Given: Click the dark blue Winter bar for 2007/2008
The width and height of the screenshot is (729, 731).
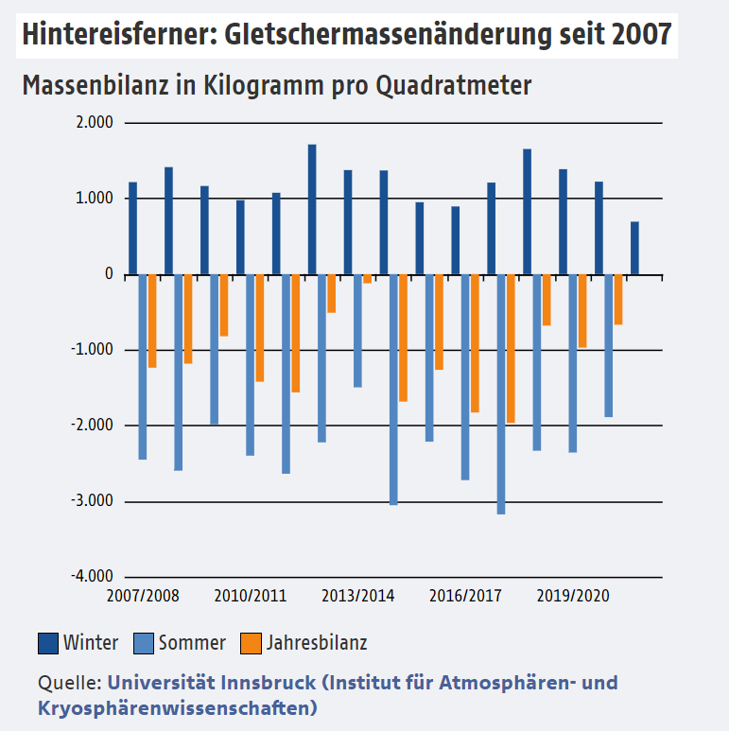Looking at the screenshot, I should tap(133, 228).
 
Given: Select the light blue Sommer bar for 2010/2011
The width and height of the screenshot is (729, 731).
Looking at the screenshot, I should tap(250, 364).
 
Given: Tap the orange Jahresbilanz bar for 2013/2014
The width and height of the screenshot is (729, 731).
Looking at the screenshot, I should tap(367, 279).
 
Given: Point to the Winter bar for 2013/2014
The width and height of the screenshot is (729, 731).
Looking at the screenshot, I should tap(348, 222).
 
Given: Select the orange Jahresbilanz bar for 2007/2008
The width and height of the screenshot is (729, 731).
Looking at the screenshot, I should tap(152, 321).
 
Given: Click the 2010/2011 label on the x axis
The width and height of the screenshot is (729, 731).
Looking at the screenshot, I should tap(250, 597).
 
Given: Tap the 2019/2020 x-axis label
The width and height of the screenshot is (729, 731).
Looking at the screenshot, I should tap(573, 597).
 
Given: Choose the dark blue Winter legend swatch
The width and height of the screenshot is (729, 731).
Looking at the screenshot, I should tap(48, 643).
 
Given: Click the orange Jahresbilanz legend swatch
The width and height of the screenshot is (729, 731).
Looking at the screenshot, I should tap(252, 643).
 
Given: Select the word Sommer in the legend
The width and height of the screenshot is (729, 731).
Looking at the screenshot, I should tap(192, 643).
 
